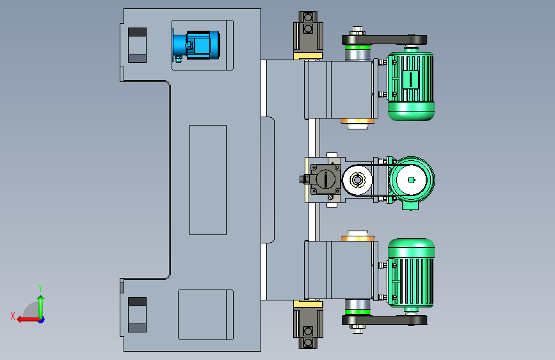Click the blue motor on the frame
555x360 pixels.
pyautogui.click(x=197, y=45)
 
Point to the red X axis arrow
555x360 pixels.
pyautogui.click(x=29, y=320)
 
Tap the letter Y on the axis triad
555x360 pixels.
pyautogui.click(x=40, y=288)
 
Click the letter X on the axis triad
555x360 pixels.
pyautogui.click(x=13, y=316)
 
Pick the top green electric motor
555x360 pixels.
pyautogui.click(x=410, y=86)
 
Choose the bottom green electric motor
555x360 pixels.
pyautogui.click(x=410, y=273)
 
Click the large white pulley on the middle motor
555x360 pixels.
pyautogui.click(x=411, y=180)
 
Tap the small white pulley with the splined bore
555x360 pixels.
pyautogui.click(x=357, y=180)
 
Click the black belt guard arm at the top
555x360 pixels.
pyautogui.click(x=384, y=39)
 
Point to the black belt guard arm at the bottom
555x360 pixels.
pyautogui.click(x=384, y=320)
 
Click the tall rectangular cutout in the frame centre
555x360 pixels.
pyautogui.click(x=208, y=180)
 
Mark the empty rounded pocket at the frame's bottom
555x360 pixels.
pyautogui.click(x=205, y=315)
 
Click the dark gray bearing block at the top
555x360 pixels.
pyautogui.click(x=308, y=32)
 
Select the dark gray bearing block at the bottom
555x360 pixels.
pyautogui.click(x=308, y=328)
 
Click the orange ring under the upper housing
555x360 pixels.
pyautogui.click(x=357, y=121)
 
